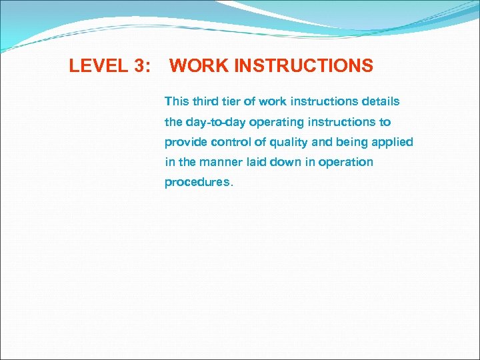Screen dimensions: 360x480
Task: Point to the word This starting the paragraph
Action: point(177,101)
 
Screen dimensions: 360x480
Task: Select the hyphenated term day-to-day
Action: point(213,122)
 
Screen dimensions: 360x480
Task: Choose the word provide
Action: point(185,142)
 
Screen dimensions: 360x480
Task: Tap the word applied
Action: point(393,142)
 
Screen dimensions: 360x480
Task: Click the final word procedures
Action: point(198,183)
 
